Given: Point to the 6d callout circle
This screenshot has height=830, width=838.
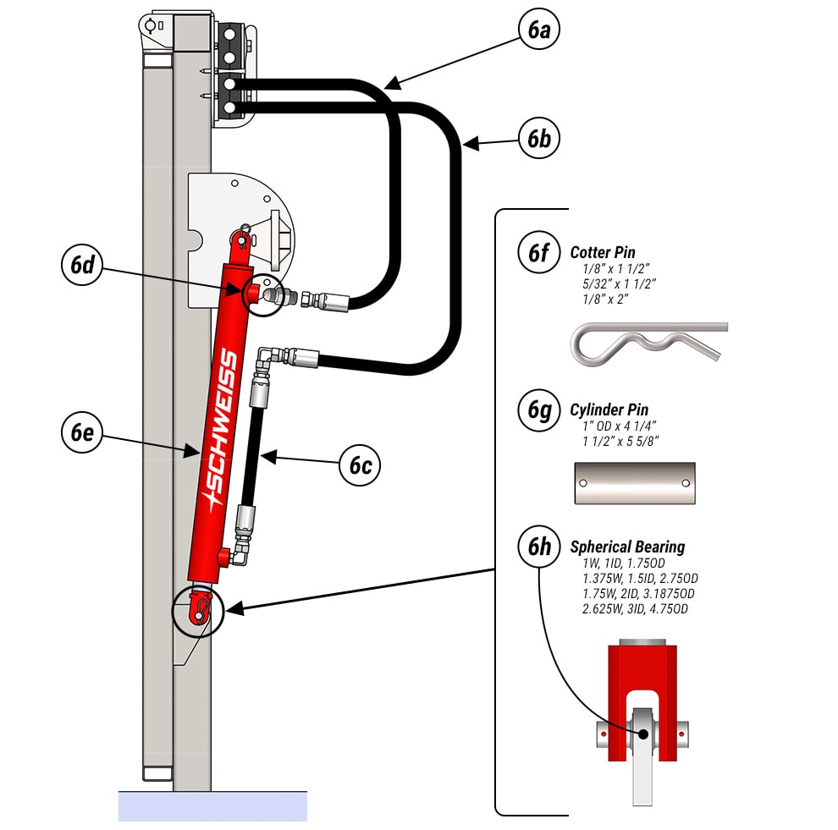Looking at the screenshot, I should (82, 264).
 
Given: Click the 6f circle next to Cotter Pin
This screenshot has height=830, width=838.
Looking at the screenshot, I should (539, 252).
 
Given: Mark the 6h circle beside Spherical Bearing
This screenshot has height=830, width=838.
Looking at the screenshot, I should (539, 547).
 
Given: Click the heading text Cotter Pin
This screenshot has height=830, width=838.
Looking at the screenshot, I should (603, 252).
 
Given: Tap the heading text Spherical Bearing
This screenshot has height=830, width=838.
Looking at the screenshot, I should (627, 547).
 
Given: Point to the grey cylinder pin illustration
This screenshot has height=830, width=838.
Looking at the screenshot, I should (634, 482).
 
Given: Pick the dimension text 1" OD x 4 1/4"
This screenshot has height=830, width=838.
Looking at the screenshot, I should (619, 426).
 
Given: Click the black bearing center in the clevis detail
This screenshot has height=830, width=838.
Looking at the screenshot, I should (642, 734).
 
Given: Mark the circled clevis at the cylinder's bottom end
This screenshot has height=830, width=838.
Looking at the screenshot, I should (198, 609).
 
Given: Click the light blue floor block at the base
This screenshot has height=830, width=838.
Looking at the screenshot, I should (212, 806).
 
